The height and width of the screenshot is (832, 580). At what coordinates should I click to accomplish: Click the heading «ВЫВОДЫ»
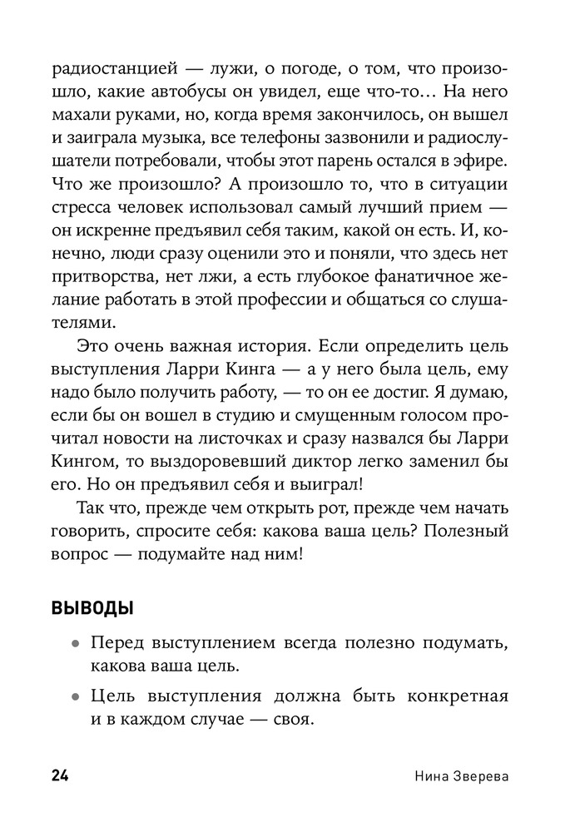point(92,610)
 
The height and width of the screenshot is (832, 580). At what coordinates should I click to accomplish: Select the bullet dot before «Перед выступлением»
point(76,645)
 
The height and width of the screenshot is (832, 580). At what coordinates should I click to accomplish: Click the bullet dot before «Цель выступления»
point(76,697)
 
